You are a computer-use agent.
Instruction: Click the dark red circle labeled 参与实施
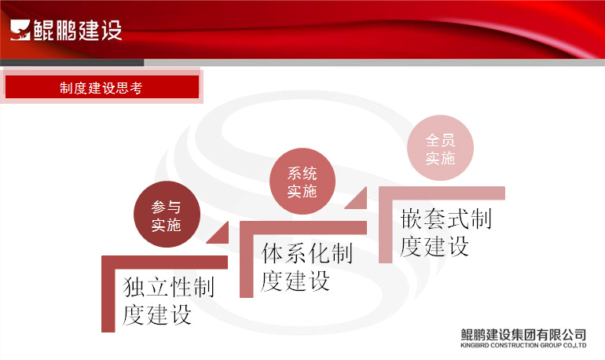(x=167, y=214)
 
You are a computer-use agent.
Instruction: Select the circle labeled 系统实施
(x=302, y=181)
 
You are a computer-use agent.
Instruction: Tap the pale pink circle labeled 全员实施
(x=440, y=148)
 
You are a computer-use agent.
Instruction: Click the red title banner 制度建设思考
(x=102, y=86)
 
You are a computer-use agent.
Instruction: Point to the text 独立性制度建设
(x=168, y=301)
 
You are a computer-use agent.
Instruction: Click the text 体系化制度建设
(x=306, y=267)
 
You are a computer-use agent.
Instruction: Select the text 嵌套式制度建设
(x=445, y=233)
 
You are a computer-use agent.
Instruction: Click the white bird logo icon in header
(x=20, y=30)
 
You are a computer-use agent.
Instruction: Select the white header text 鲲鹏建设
(x=78, y=30)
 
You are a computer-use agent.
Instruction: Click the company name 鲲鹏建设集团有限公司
(x=523, y=334)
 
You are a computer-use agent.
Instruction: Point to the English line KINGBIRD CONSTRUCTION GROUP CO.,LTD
(x=523, y=345)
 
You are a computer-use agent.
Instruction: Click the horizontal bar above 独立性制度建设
(x=164, y=262)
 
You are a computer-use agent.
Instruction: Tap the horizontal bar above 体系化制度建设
(x=303, y=228)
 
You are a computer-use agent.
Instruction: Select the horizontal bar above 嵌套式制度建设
(x=442, y=193)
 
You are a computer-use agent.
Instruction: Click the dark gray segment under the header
(x=72, y=63)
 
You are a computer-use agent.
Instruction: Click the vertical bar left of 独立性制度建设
(x=108, y=294)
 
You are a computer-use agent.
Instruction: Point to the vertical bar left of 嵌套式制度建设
(x=386, y=225)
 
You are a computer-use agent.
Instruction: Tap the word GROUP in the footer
(x=551, y=345)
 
